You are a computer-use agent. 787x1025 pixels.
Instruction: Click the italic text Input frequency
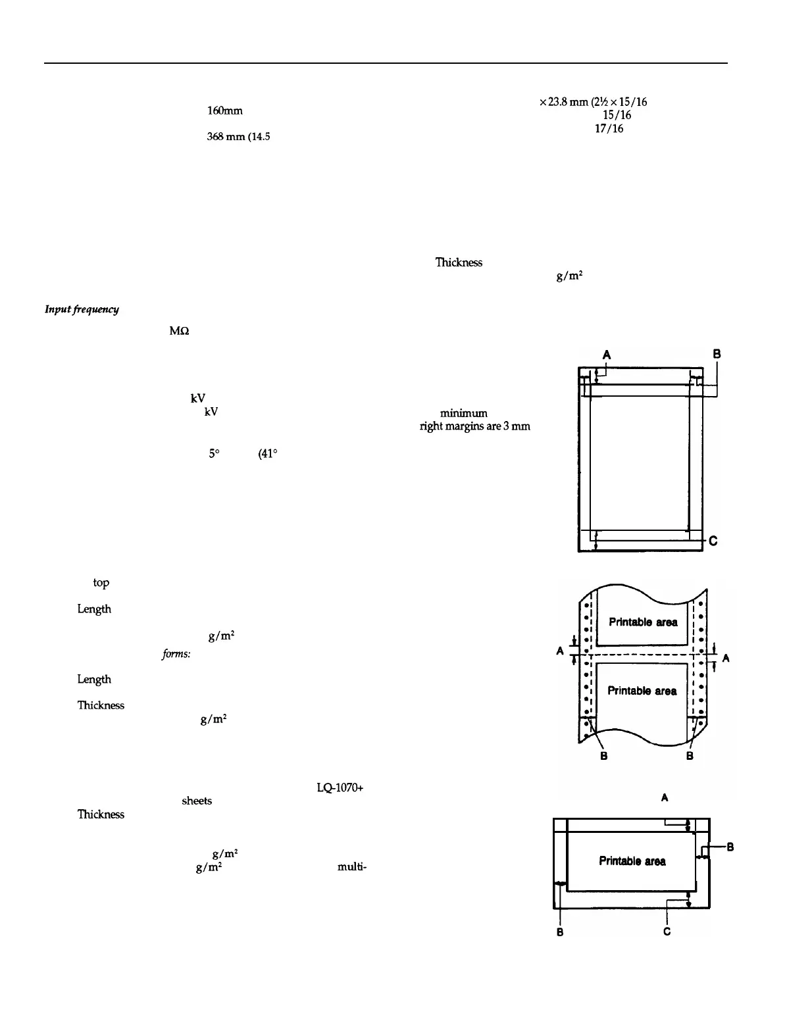pyautogui.click(x=82, y=310)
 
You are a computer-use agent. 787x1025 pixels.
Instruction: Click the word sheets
pyautogui.click(x=197, y=801)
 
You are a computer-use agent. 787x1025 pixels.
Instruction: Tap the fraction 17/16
pyautogui.click(x=609, y=128)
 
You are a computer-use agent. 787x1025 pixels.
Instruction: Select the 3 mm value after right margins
pyautogui.click(x=519, y=426)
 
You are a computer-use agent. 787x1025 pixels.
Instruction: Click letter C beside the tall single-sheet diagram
pyautogui.click(x=713, y=541)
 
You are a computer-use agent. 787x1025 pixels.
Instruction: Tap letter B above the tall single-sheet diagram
pyautogui.click(x=717, y=354)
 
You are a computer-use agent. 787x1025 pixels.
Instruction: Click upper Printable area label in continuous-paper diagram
pyautogui.click(x=643, y=622)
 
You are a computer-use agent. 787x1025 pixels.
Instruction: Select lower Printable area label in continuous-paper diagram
pyautogui.click(x=642, y=690)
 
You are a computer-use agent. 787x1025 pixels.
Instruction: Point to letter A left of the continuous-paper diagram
pyautogui.click(x=560, y=651)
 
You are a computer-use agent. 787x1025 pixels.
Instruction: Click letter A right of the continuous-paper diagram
pyautogui.click(x=726, y=658)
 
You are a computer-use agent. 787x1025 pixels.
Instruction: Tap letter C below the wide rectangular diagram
pyautogui.click(x=667, y=932)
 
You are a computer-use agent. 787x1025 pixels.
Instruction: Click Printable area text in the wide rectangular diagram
pyautogui.click(x=632, y=861)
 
